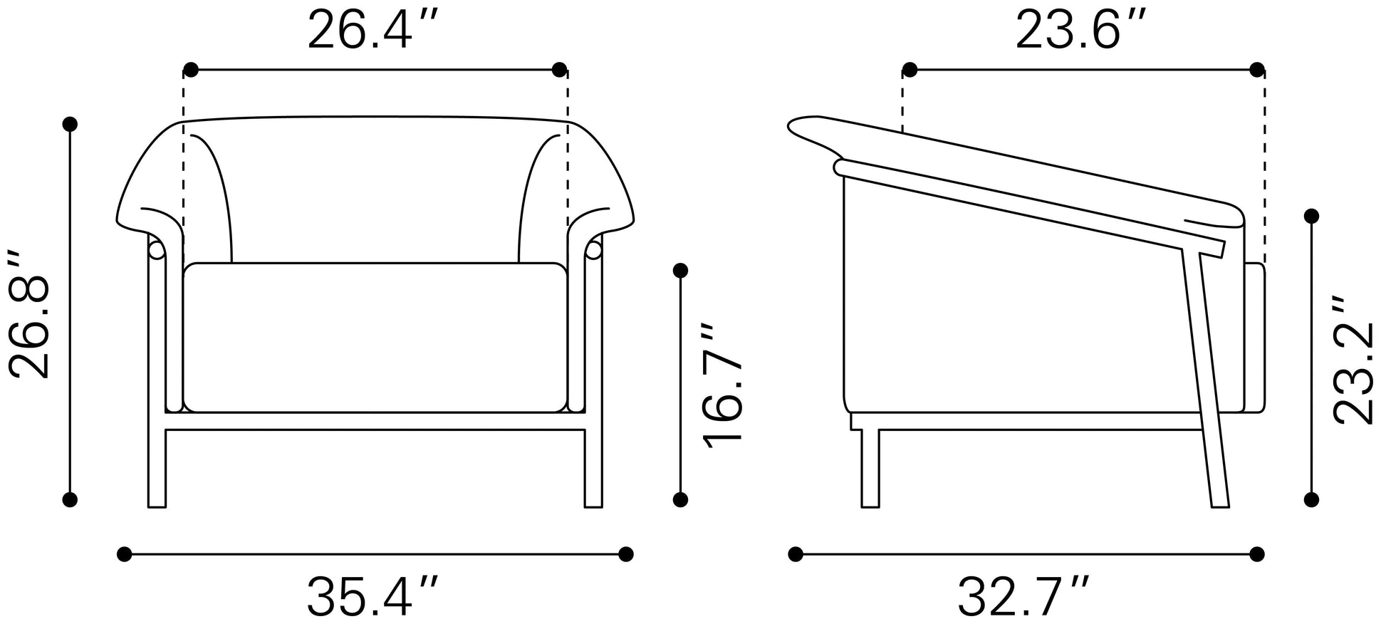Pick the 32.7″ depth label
(x=1023, y=597)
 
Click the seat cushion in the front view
(x=375, y=338)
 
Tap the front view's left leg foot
(x=157, y=503)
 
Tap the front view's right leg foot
(x=593, y=503)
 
